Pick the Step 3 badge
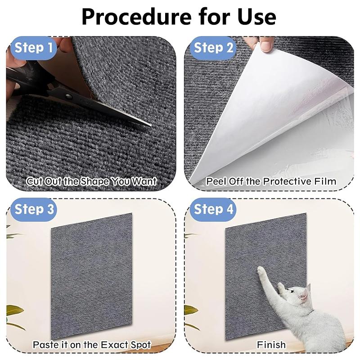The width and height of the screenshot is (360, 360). point(35,209)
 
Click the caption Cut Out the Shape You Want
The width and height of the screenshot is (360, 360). point(91,182)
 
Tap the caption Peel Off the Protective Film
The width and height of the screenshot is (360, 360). point(271,182)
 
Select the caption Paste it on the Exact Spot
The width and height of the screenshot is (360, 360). point(91,345)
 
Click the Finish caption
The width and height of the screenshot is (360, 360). point(271,345)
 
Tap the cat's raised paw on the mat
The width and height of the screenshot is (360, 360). point(261,271)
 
